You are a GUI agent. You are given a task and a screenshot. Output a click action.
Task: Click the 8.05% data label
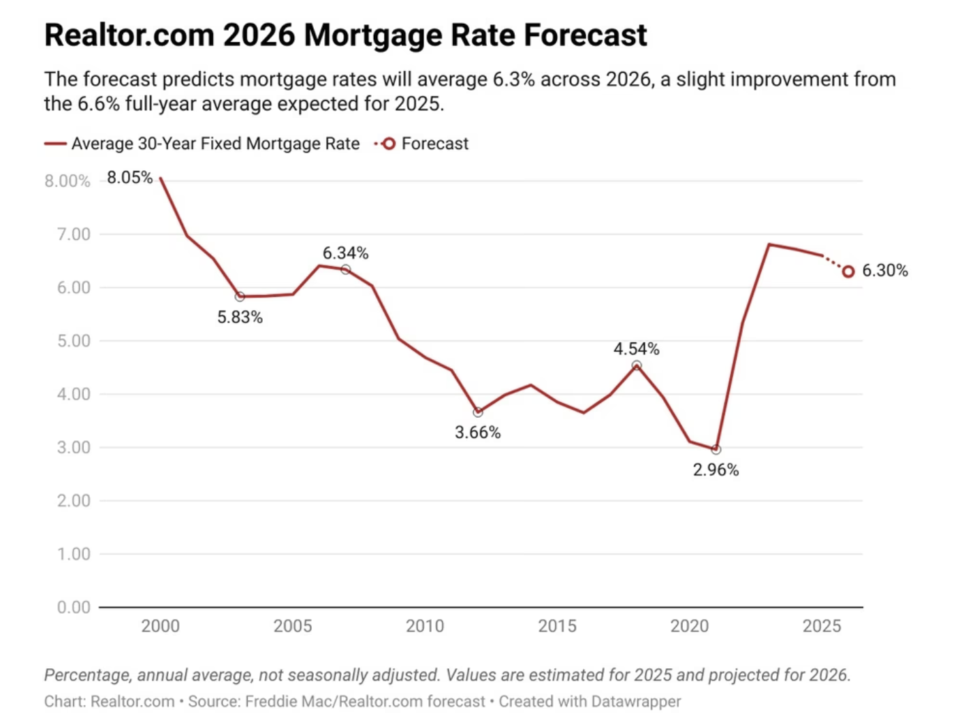coord(129,178)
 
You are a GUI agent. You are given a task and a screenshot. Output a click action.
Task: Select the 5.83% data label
coord(240,317)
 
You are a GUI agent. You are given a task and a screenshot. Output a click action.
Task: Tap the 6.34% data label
coord(345,253)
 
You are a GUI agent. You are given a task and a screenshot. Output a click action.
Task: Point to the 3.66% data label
coord(477,432)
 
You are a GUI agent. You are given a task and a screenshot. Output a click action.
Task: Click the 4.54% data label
coord(636,349)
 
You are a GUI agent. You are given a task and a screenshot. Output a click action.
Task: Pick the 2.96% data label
coord(716,470)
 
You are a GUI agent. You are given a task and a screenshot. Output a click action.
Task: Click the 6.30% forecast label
coord(884,271)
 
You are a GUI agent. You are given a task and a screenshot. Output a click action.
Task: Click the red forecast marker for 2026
coord(848,272)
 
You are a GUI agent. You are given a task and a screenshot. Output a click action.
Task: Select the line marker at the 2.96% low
coord(716,450)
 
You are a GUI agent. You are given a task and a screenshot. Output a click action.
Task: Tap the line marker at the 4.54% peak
coord(637,365)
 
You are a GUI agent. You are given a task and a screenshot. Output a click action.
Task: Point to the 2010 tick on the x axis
coord(425,626)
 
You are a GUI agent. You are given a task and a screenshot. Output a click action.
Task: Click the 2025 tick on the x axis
coord(821,626)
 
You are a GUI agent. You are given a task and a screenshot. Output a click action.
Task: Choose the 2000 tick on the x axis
coord(161,626)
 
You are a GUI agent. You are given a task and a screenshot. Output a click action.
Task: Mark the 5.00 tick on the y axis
coord(74,341)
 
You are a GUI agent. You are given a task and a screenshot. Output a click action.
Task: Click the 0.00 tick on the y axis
coord(74,607)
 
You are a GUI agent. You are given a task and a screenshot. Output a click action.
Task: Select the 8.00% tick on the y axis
coord(67,181)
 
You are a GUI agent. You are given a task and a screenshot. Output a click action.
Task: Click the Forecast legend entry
coord(434,144)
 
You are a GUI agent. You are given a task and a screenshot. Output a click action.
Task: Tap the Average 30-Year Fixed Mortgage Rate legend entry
coord(215,144)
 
